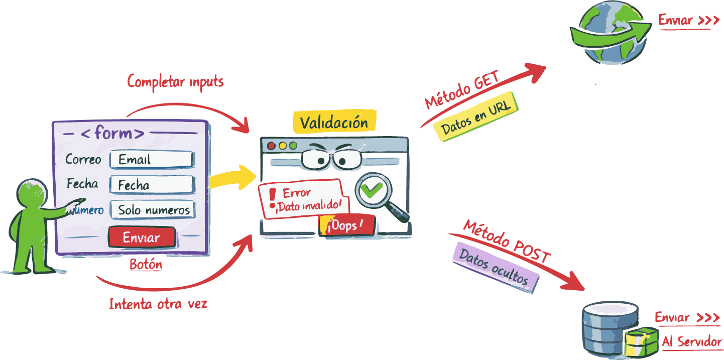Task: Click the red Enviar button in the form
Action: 142,237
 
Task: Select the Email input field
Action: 152,160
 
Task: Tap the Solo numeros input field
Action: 153,210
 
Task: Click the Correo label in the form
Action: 83,160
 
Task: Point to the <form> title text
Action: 112,134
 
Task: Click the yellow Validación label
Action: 334,122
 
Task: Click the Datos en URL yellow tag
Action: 475,116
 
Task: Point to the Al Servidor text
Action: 692,342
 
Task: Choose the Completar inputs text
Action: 175,81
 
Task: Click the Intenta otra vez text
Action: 158,304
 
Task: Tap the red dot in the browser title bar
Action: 272,146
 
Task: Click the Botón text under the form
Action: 146,265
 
